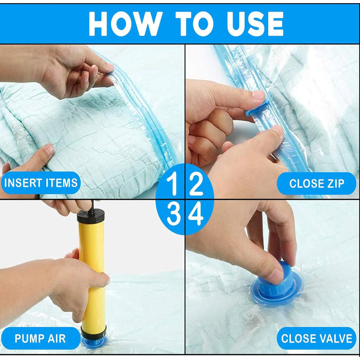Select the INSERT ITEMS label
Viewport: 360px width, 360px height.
point(40,183)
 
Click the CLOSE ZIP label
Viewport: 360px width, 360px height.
point(316,184)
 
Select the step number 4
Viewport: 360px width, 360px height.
point(196,215)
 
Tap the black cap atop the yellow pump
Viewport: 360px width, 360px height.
point(90,216)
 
